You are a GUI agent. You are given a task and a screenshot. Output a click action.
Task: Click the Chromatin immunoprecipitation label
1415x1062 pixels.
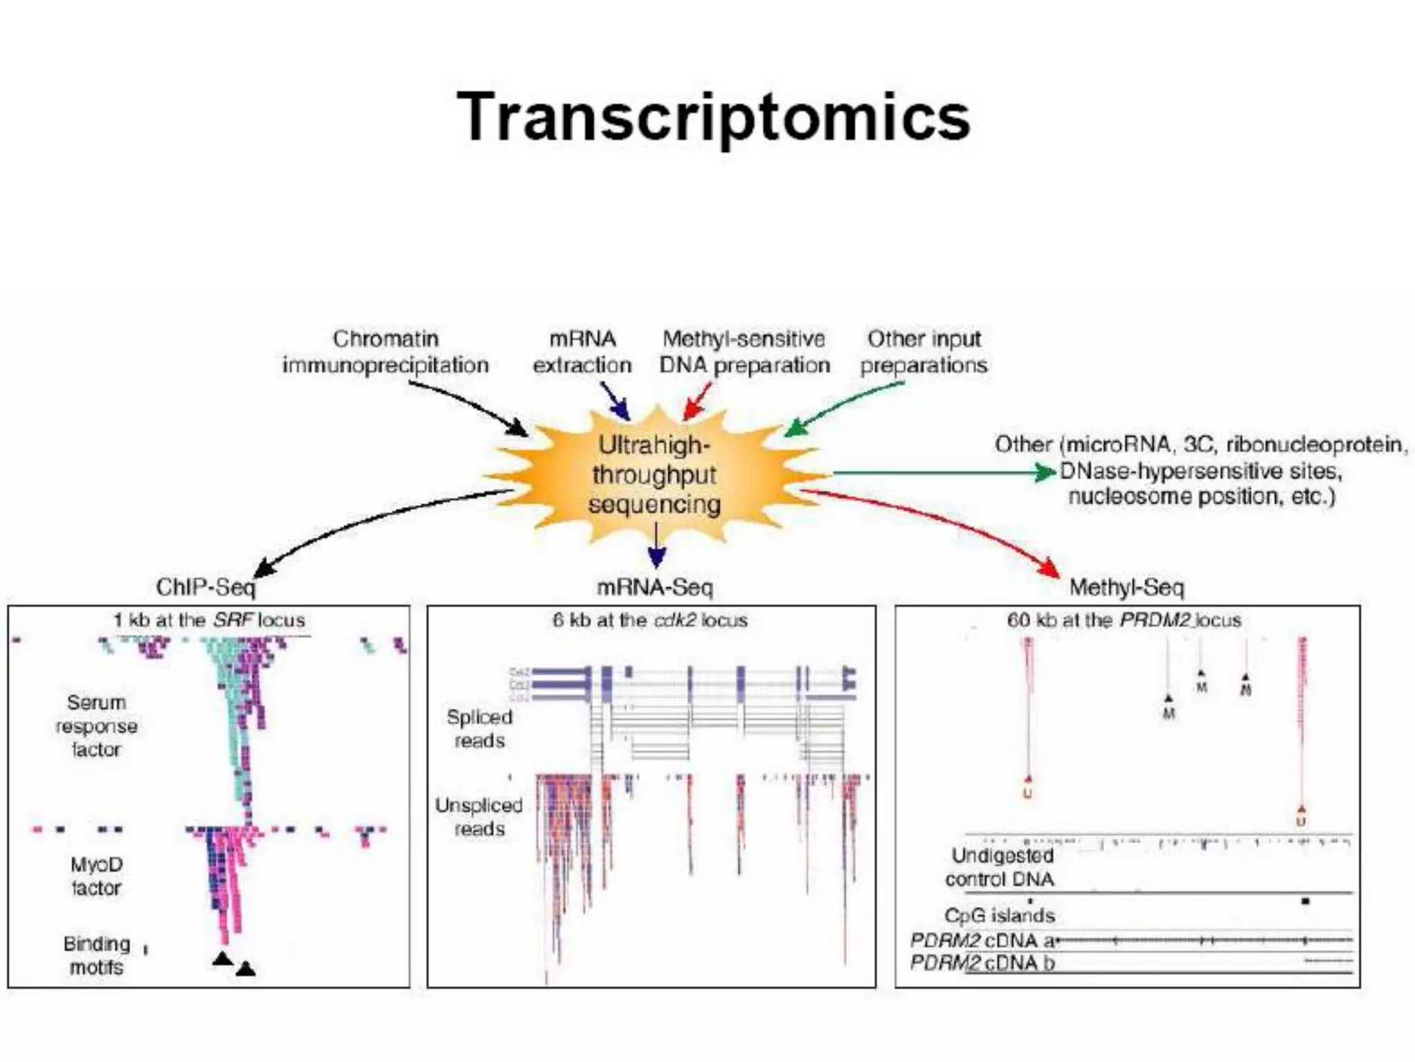pyautogui.click(x=386, y=352)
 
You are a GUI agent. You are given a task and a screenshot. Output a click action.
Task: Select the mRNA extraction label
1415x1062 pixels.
pyautogui.click(x=582, y=352)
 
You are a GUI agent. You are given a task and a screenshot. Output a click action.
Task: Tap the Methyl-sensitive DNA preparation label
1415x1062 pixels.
pyautogui.click(x=744, y=352)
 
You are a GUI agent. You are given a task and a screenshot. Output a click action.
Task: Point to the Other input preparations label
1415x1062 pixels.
pyautogui.click(x=924, y=352)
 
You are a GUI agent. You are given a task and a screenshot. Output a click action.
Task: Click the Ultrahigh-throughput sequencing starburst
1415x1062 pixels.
pyautogui.click(x=654, y=475)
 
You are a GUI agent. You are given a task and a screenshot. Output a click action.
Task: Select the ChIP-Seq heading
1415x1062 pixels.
pyautogui.click(x=205, y=587)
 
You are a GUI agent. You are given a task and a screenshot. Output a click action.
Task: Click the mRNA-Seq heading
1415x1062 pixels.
pyautogui.click(x=654, y=587)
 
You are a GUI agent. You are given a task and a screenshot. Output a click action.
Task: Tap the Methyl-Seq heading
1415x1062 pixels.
pyautogui.click(x=1126, y=587)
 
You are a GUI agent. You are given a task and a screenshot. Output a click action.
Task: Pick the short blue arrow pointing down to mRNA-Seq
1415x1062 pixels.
pyautogui.click(x=656, y=546)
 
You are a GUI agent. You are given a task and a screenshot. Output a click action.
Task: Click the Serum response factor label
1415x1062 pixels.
pyautogui.click(x=96, y=726)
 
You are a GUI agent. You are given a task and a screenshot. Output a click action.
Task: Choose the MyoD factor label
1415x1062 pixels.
pyautogui.click(x=96, y=876)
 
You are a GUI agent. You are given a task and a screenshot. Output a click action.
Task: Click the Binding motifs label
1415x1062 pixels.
pyautogui.click(x=96, y=955)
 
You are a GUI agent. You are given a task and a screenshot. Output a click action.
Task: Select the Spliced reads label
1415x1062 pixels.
pyautogui.click(x=479, y=729)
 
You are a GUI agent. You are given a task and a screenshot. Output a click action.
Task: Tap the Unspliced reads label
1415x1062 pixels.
pyautogui.click(x=479, y=817)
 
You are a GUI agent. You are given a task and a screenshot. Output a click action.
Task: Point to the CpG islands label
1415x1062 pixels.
pyautogui.click(x=999, y=915)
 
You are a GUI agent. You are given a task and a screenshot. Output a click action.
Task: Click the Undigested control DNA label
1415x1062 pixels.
pyautogui.click(x=1001, y=867)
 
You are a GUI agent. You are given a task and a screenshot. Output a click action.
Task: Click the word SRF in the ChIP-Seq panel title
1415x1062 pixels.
pyautogui.click(x=231, y=620)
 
